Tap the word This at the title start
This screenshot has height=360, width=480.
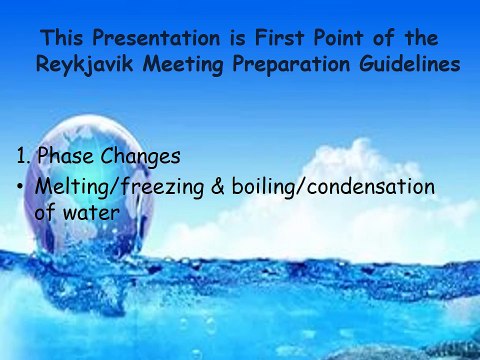[62, 39]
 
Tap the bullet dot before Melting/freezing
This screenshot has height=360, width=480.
[21, 187]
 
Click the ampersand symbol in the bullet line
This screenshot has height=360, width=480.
[219, 187]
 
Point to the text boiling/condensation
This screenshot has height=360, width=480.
[332, 187]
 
